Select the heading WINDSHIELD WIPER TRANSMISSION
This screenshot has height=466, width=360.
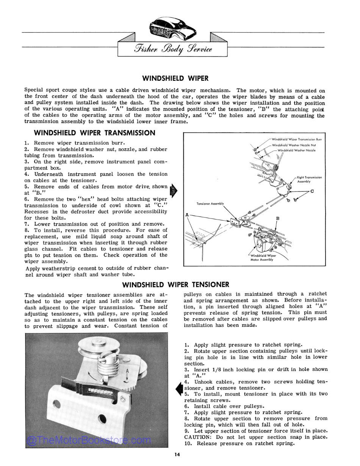[94, 133]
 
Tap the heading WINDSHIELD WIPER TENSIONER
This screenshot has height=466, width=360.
[175, 284]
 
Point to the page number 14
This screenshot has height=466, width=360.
[177, 455]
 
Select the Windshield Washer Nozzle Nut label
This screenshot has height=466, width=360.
[294, 145]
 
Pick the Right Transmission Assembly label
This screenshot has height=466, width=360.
[309, 179]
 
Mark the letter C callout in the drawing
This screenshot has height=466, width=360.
[312, 191]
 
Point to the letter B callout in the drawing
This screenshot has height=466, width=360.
[278, 218]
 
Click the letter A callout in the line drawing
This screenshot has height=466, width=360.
[187, 215]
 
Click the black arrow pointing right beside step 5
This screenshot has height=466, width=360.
[173, 190]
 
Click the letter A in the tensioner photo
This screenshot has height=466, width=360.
[127, 371]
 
